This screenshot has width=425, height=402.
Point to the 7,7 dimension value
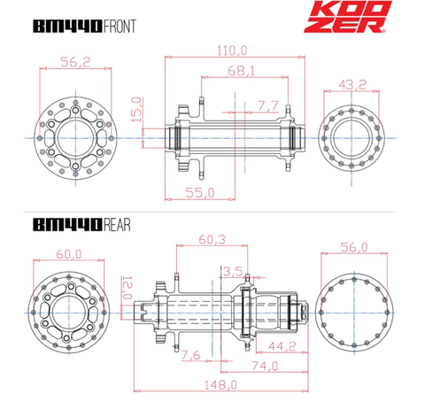[x=267, y=105]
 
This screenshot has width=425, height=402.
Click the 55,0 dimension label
[x=199, y=190]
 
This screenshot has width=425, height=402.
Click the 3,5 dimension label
[x=235, y=270]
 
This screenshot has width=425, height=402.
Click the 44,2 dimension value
[x=282, y=346]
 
